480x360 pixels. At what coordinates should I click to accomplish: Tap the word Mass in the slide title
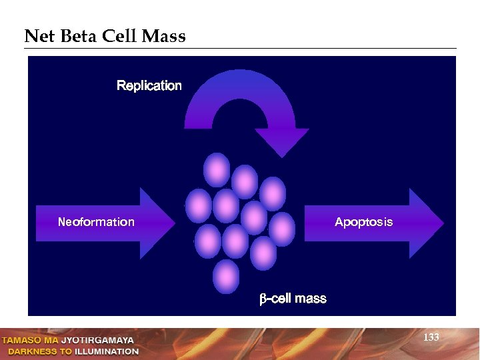[x=163, y=36]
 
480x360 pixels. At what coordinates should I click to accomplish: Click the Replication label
[x=149, y=85]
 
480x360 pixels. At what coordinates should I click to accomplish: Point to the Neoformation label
[x=96, y=222]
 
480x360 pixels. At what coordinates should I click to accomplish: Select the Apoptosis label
[x=363, y=222]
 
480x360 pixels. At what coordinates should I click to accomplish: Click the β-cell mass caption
[x=293, y=299]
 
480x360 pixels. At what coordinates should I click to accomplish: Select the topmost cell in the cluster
[x=217, y=169]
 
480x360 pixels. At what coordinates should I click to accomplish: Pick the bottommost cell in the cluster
[x=226, y=275]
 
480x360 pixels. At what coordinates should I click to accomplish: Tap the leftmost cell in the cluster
[x=198, y=205]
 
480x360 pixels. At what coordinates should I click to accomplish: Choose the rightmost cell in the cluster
[x=282, y=229]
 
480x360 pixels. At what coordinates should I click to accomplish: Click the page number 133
[x=431, y=337]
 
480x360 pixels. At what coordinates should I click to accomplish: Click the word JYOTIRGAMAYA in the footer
[x=97, y=341]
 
